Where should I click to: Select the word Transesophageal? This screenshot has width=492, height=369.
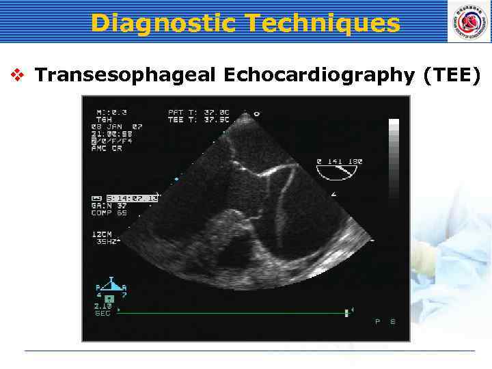tap(123, 74)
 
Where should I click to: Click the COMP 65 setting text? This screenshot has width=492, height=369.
tap(109, 213)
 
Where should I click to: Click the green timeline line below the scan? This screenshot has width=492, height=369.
tap(232, 313)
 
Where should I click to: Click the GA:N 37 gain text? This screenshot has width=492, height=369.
tap(109, 206)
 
